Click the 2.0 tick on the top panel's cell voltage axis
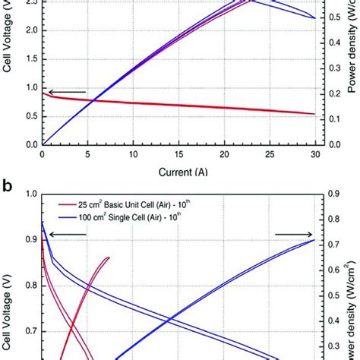[30, 30]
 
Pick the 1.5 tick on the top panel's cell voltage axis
[30, 59]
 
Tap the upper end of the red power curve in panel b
[108, 258]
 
